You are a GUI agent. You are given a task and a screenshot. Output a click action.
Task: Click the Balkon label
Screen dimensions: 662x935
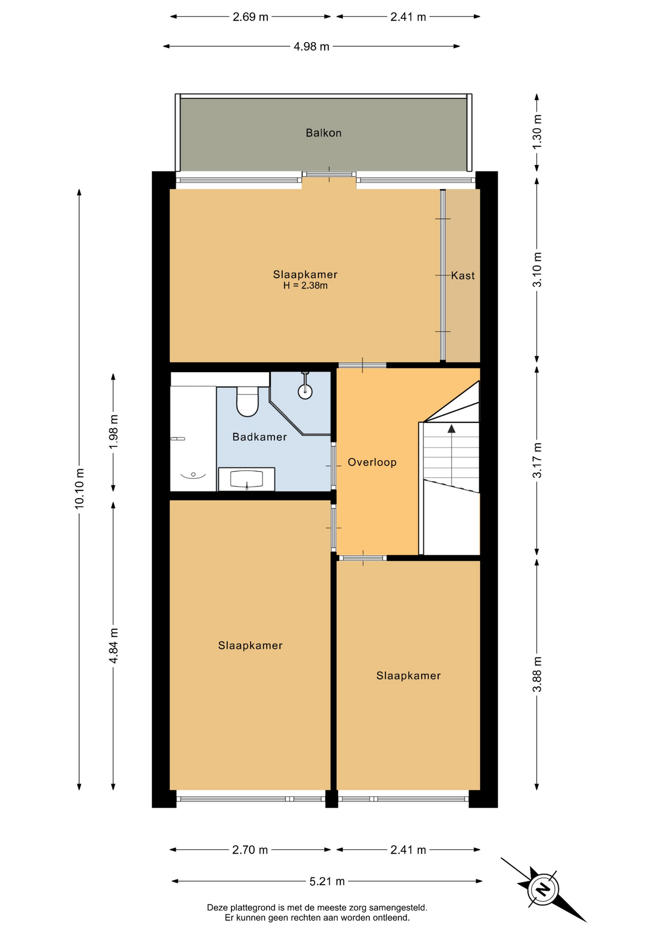323,133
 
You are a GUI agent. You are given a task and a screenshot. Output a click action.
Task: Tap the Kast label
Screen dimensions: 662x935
463,276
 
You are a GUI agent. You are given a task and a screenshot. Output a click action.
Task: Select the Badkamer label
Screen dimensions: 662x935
259,437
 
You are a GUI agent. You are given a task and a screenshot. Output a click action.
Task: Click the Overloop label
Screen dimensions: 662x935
372,462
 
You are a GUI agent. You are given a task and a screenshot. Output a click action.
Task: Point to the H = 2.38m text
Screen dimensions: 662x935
305,286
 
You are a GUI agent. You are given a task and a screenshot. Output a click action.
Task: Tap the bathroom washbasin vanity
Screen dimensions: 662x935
247,479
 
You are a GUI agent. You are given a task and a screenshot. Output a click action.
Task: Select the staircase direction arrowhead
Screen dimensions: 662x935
451,429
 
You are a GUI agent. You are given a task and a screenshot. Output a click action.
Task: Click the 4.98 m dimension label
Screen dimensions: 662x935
312,47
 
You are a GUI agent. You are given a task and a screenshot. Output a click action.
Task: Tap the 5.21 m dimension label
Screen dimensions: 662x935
327,881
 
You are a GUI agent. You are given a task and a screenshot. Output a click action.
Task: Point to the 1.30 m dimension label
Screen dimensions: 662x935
537,132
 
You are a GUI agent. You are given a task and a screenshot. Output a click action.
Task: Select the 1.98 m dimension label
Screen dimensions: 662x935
114,432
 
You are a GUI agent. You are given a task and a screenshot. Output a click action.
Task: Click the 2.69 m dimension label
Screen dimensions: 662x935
250,17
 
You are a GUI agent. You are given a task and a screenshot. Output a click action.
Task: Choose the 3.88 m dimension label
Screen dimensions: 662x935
537,674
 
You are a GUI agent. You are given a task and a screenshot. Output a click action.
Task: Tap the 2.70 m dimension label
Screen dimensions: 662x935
250,850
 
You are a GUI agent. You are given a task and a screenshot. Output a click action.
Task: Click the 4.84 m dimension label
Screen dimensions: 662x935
114,646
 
